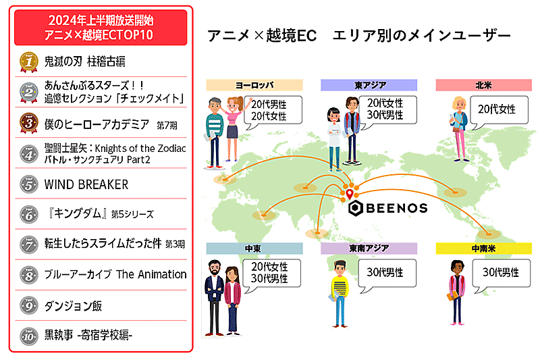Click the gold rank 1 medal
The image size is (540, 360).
click(x=29, y=62)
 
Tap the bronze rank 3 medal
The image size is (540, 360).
click(x=29, y=123)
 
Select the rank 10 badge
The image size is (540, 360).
click(x=29, y=336)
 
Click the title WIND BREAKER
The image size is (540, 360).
click(x=86, y=184)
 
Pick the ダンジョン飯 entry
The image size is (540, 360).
click(x=73, y=305)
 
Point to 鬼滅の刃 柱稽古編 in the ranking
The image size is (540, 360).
click(x=85, y=61)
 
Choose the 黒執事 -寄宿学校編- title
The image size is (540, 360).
click(x=88, y=335)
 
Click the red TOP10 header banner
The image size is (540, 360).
click(x=101, y=28)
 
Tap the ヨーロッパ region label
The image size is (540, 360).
click(x=254, y=85)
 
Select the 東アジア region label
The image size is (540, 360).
click(x=369, y=85)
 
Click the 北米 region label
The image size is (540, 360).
click(x=483, y=85)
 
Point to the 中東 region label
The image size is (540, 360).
click(x=254, y=249)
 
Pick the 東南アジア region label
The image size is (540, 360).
click(x=369, y=249)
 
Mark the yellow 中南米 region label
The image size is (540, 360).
click(x=483, y=249)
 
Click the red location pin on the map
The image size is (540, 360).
click(x=350, y=194)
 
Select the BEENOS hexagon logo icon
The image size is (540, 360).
click(x=356, y=208)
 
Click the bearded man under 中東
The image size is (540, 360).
click(x=214, y=298)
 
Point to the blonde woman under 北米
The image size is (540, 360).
click(x=460, y=129)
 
